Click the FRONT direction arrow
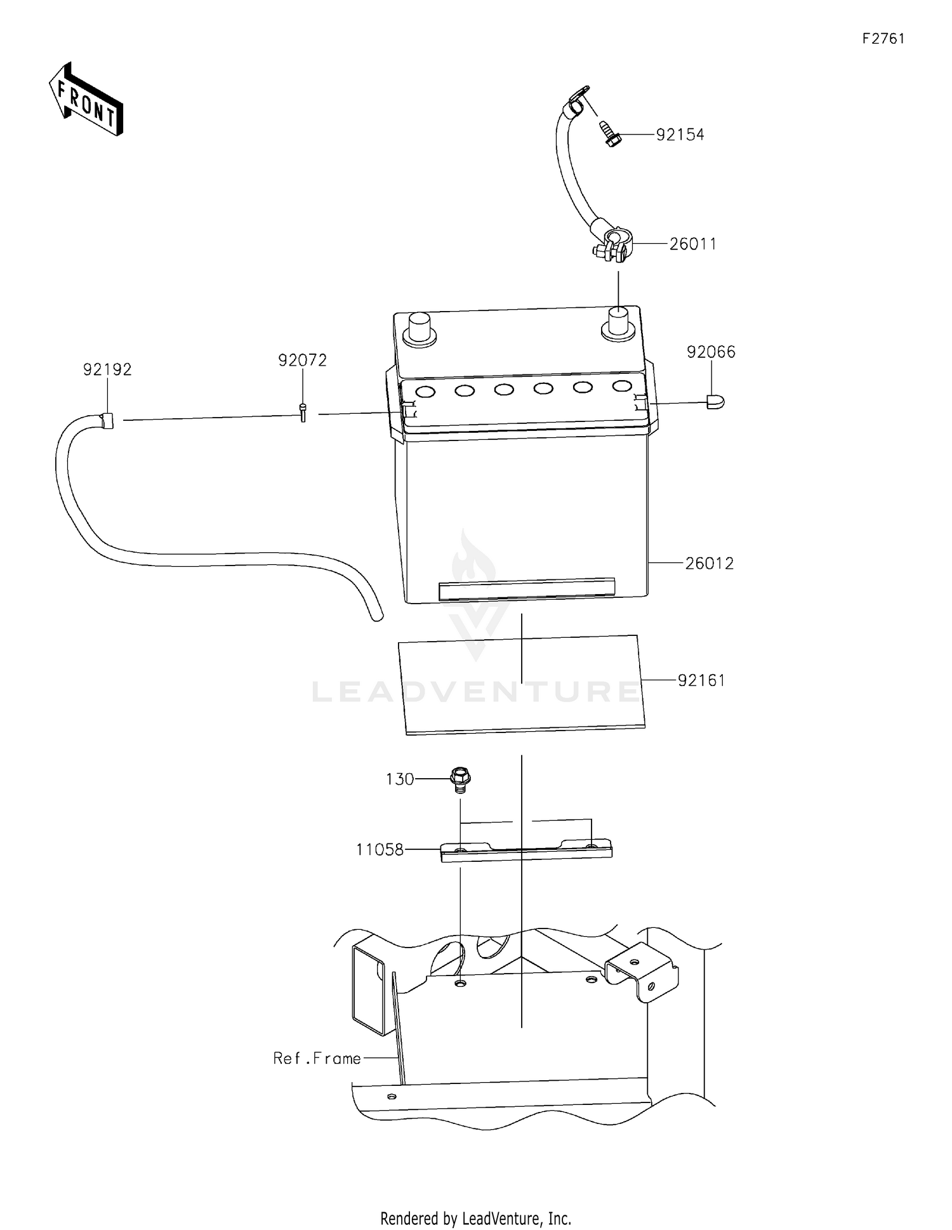(x=86, y=100)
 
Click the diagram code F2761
(x=883, y=39)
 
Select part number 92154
(x=680, y=135)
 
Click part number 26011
(x=692, y=244)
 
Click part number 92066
(x=710, y=352)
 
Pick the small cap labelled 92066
(x=715, y=402)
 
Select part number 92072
(x=302, y=360)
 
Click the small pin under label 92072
(x=303, y=413)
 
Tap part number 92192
(x=107, y=369)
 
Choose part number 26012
(x=709, y=563)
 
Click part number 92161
(x=701, y=680)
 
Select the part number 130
(x=400, y=779)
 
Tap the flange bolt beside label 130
(x=459, y=779)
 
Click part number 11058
(x=380, y=849)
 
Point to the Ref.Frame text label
(x=317, y=1059)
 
